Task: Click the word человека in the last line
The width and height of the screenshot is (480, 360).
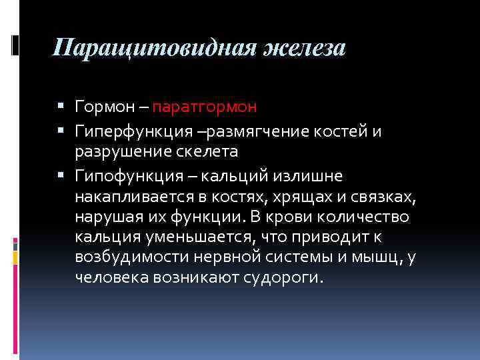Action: [x=106, y=277]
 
